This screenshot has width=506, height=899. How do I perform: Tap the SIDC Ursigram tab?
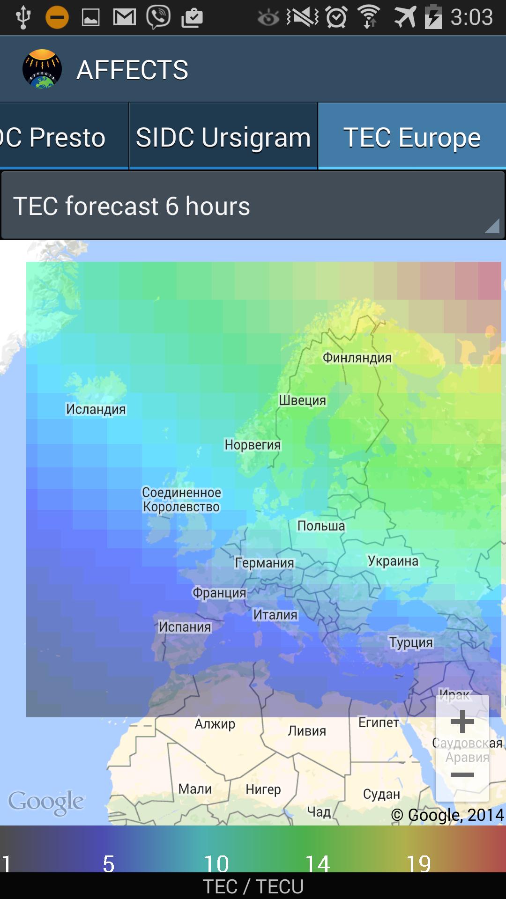(223, 137)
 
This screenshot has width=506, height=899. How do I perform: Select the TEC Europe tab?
(412, 137)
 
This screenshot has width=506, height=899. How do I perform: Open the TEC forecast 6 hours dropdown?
(253, 206)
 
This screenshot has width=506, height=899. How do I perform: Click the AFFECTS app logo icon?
(42, 69)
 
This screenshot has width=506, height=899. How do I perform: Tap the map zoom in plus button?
(462, 722)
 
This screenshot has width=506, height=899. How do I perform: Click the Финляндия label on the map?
(357, 358)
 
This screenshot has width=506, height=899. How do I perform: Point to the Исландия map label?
(96, 409)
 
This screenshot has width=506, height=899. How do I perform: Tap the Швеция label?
(303, 400)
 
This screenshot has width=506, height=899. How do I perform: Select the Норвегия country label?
(253, 444)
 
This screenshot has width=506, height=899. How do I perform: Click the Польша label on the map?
(321, 526)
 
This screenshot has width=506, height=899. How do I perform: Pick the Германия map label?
(265, 563)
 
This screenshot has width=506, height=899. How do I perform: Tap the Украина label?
(393, 560)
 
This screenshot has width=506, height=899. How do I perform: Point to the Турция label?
(411, 642)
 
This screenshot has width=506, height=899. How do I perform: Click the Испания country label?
(185, 626)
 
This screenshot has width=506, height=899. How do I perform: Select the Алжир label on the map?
(215, 724)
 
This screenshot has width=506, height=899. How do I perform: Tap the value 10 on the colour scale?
(216, 863)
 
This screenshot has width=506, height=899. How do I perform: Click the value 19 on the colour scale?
(418, 863)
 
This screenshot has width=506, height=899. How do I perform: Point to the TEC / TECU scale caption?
(253, 886)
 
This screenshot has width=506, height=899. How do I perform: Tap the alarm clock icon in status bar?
(336, 18)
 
